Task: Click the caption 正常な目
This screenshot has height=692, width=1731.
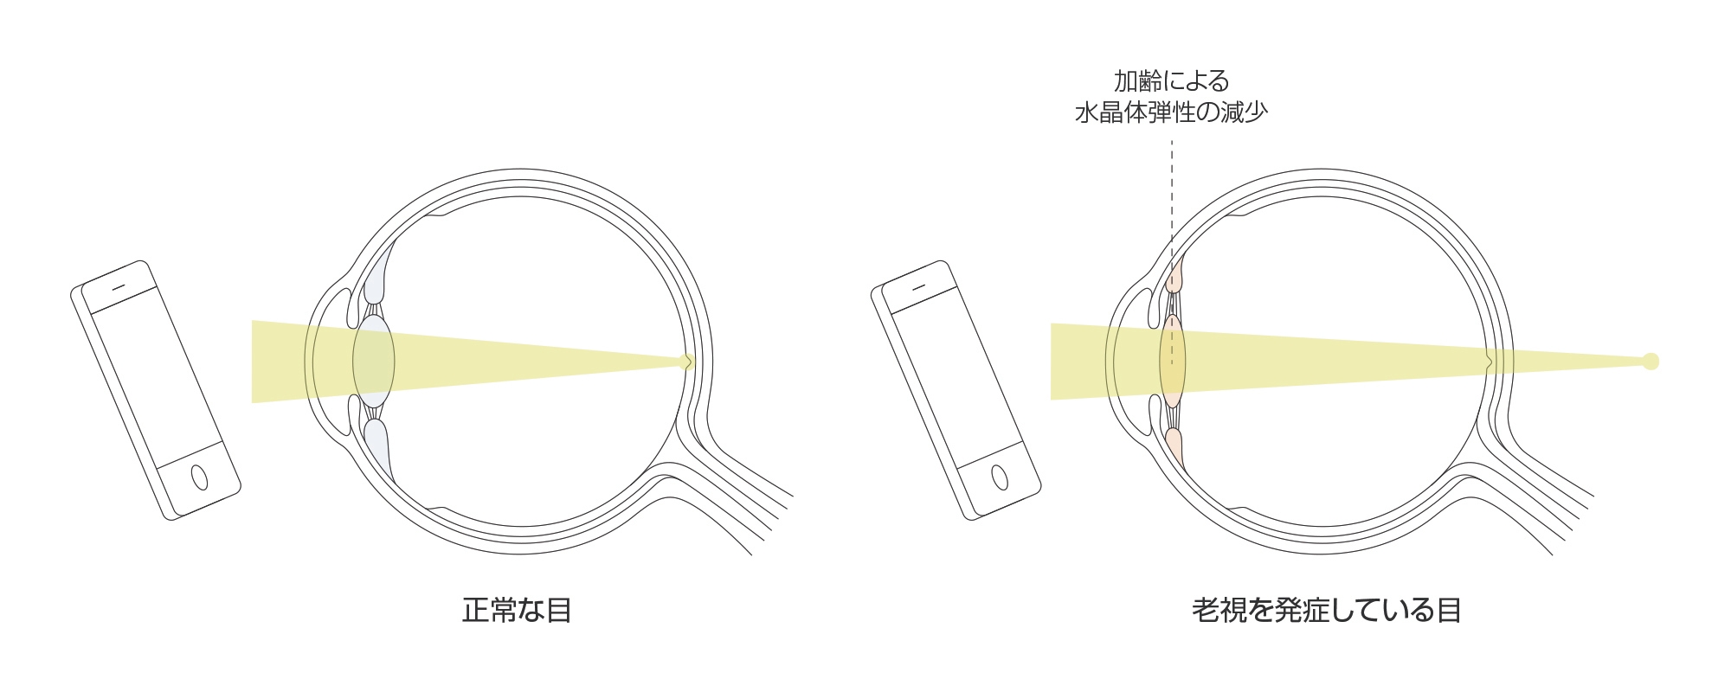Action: click(x=517, y=611)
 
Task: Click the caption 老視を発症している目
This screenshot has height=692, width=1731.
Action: click(x=1326, y=611)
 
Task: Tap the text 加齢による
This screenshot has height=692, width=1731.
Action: click(x=1171, y=81)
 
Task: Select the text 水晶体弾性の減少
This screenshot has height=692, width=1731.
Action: click(x=1171, y=113)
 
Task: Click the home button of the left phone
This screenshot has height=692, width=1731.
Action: click(x=199, y=477)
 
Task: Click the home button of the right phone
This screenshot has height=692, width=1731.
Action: click(x=999, y=477)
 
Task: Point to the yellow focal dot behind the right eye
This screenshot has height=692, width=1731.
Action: click(x=1651, y=362)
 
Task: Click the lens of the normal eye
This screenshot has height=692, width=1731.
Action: click(x=374, y=361)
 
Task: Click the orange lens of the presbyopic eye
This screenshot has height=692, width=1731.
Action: click(x=1172, y=361)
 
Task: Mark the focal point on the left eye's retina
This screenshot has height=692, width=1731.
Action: click(x=688, y=362)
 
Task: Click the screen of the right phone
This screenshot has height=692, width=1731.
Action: click(x=957, y=381)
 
